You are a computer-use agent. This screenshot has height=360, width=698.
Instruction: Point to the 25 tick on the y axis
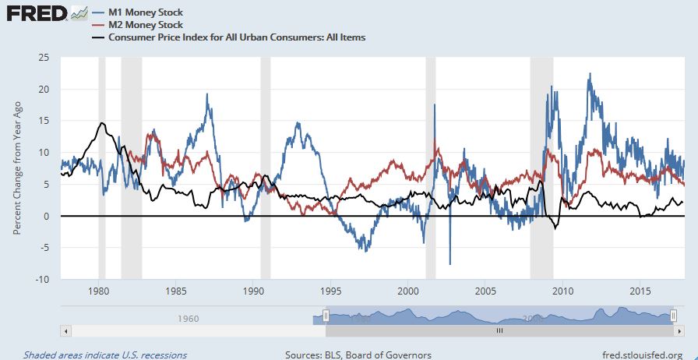click(x=44, y=58)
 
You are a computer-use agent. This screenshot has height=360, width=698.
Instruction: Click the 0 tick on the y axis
click(x=46, y=216)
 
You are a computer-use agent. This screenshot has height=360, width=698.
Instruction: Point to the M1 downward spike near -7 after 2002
click(x=449, y=263)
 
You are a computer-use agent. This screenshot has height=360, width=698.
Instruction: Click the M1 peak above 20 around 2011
click(x=590, y=75)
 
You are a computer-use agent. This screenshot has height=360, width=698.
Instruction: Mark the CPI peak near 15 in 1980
click(x=102, y=123)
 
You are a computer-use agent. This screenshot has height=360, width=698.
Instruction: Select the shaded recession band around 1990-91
click(x=265, y=168)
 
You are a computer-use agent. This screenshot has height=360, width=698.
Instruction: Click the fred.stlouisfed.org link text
click(x=643, y=355)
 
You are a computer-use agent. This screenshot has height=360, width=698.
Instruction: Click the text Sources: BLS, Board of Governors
click(x=358, y=355)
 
